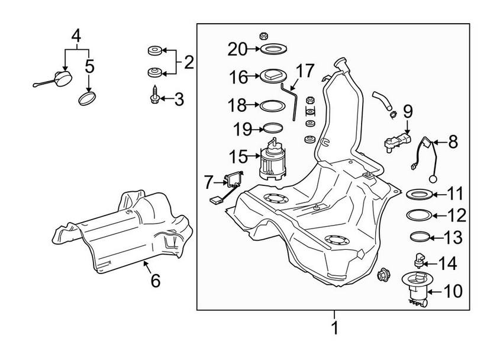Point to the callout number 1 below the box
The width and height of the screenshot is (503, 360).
click(334, 326)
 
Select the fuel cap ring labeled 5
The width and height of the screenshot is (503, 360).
click(88, 97)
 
